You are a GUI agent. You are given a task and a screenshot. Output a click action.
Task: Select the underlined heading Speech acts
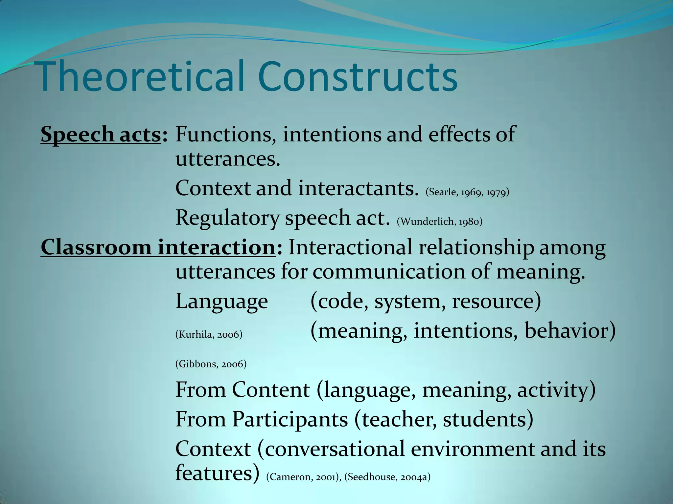tap(101, 134)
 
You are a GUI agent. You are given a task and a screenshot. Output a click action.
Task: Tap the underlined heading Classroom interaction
tap(158, 247)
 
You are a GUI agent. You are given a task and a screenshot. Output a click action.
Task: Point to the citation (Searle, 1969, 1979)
tap(467, 192)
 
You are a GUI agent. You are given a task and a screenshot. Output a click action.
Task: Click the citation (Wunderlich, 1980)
tap(439, 222)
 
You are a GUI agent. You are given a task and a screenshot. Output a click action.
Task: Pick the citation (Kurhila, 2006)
tap(209, 334)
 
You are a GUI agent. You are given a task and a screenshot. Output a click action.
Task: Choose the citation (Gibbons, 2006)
tap(211, 364)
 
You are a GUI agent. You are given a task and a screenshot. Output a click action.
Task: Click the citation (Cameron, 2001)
tap(304, 477)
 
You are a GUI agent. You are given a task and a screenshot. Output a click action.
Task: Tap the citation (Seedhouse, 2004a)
tap(387, 477)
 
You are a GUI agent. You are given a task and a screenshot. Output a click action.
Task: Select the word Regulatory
tap(227, 218)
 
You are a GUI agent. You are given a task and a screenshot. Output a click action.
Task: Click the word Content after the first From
tap(270, 390)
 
